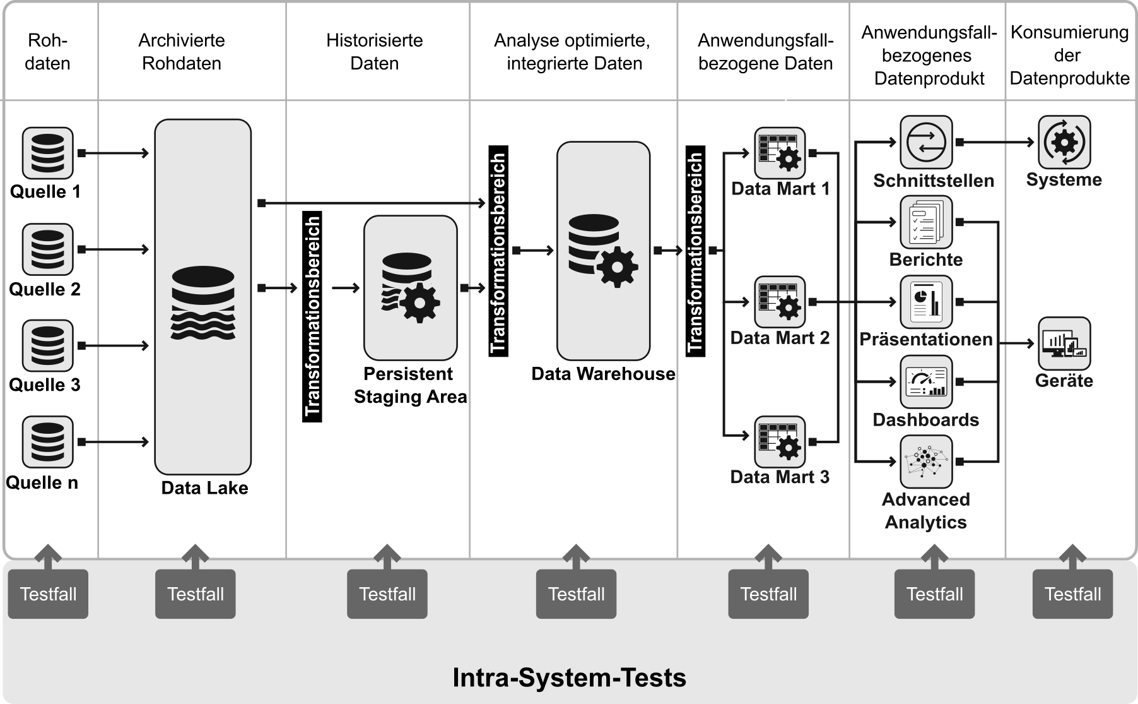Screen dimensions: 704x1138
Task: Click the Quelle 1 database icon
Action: pyautogui.click(x=48, y=153)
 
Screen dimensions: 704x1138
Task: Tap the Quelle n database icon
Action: pyautogui.click(x=48, y=441)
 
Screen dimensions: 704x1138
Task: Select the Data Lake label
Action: pyautogui.click(x=204, y=488)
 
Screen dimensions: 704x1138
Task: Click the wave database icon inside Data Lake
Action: pyautogui.click(x=203, y=304)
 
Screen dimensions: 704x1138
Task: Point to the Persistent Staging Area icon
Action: pyautogui.click(x=410, y=287)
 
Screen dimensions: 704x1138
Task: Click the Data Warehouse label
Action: pyautogui.click(x=603, y=374)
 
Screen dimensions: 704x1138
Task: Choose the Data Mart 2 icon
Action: pyautogui.click(x=780, y=302)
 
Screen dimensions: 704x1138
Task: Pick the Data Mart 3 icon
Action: pyautogui.click(x=780, y=441)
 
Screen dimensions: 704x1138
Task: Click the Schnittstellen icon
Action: pyautogui.click(x=926, y=142)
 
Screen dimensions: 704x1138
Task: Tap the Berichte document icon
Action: pyautogui.click(x=926, y=222)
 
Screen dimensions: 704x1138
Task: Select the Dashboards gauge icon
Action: pyautogui.click(x=926, y=382)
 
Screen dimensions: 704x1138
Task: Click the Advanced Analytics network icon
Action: pyautogui.click(x=926, y=462)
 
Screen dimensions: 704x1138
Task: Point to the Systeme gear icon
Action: pyautogui.click(x=1064, y=142)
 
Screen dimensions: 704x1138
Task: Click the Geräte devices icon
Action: pyautogui.click(x=1064, y=343)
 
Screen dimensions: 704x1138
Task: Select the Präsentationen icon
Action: pyautogui.click(x=926, y=302)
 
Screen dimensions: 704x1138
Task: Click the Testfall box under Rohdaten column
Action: pyautogui.click(x=48, y=594)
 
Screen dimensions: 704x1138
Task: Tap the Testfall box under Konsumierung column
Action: pyautogui.click(x=1072, y=594)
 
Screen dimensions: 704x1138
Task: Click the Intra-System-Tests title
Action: pyautogui.click(x=569, y=677)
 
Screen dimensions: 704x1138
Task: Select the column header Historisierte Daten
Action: pyautogui.click(x=375, y=52)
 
